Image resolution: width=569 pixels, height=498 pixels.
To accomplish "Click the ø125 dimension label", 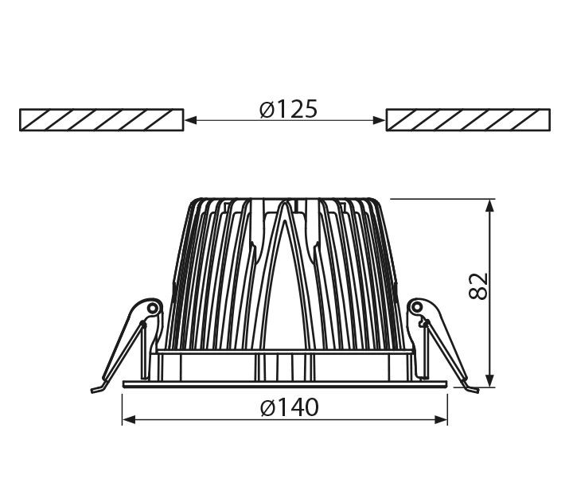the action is [x=289, y=109].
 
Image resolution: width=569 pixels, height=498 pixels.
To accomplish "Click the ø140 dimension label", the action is [x=289, y=407].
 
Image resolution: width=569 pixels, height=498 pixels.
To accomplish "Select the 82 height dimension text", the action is [x=478, y=286].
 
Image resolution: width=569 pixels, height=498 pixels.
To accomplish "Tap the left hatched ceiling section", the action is [x=101, y=119].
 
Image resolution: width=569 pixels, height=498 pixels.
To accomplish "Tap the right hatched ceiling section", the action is [x=468, y=119].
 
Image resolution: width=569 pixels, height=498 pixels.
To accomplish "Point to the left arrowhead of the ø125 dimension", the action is [x=191, y=120].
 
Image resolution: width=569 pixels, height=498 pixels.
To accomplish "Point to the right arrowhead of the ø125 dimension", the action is [x=379, y=120].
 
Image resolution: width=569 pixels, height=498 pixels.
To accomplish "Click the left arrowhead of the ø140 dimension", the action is [x=128, y=420].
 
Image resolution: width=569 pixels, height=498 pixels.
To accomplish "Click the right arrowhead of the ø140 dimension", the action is [x=441, y=420].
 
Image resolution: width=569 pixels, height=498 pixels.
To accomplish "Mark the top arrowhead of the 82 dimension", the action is [x=490, y=206].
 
